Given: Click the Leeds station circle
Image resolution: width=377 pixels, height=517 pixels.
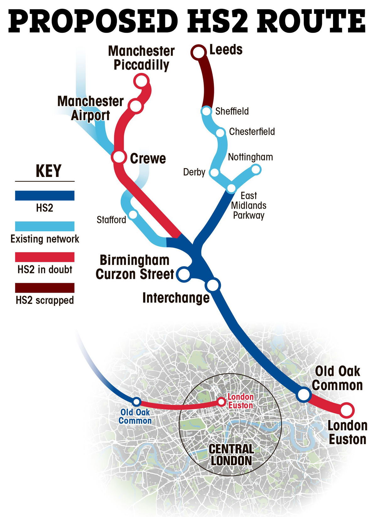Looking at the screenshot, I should pos(198,52).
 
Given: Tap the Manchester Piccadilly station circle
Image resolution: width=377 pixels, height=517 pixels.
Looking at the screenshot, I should pos(141,81).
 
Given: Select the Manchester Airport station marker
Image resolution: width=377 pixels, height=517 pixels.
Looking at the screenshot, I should pos(136,106).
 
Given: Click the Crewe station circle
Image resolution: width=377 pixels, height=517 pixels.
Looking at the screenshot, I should pos(119,157).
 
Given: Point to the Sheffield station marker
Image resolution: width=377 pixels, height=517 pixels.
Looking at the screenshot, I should pos(206,111).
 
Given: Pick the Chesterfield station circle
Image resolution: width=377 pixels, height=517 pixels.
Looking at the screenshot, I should pos(220,132).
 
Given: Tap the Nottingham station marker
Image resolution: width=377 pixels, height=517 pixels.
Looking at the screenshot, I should pos(256,170).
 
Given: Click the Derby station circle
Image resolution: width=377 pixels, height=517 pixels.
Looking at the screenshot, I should pos(214,172).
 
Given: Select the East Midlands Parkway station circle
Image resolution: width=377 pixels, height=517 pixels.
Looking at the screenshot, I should pos(231,188).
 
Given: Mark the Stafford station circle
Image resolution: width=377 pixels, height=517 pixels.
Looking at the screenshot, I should pos(133,215).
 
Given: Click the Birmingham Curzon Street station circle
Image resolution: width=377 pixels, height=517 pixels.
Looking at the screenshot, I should pos(183,274).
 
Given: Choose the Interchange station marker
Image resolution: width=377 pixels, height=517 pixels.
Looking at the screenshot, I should pos(213,285).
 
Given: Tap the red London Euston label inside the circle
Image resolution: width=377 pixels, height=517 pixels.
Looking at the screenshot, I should pos(240,401).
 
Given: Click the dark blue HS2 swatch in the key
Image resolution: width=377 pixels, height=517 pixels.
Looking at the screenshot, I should pos(45,195).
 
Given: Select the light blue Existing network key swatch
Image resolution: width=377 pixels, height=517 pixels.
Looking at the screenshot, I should pos(45,226).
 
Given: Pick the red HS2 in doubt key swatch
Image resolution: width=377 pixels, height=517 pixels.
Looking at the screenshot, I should pos(45,257).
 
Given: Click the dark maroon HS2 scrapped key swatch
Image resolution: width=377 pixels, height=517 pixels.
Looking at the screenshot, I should pos(45,288).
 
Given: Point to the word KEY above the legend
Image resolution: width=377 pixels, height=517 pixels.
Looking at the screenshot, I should pos(48,171).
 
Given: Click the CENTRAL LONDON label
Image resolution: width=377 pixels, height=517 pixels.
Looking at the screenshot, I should pos(231,455).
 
